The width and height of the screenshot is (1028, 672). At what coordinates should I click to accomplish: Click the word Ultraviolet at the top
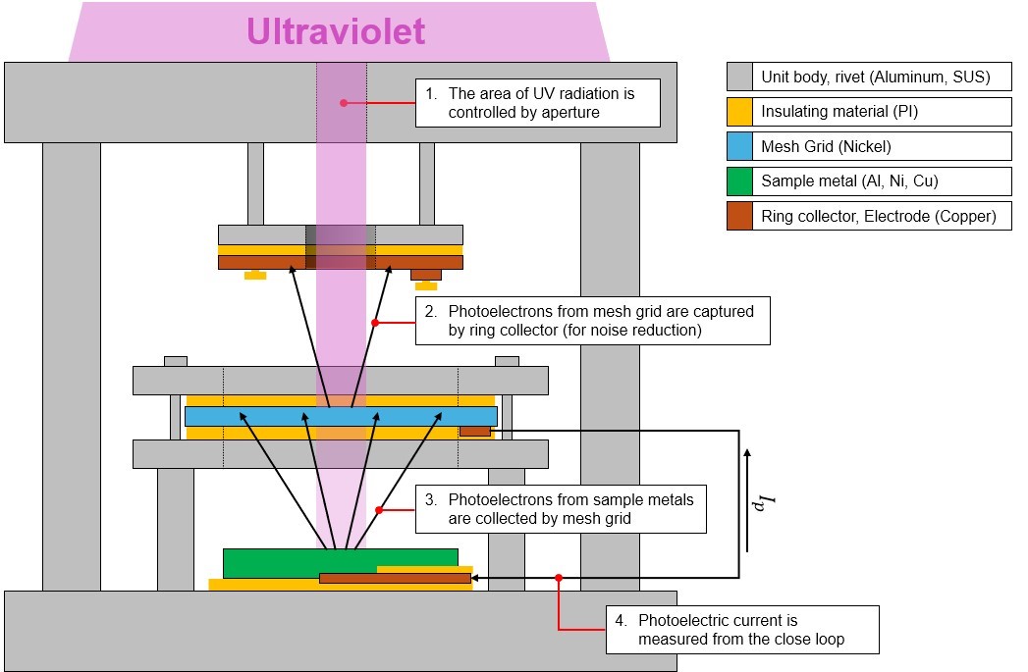click(x=336, y=31)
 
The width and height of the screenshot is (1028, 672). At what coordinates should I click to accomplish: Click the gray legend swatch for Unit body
click(x=740, y=77)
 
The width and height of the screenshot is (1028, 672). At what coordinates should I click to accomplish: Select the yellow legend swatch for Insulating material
click(x=740, y=112)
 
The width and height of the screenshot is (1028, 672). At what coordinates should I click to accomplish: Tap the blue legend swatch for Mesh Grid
click(x=740, y=146)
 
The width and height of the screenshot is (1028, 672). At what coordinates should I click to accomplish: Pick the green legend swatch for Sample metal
click(x=740, y=181)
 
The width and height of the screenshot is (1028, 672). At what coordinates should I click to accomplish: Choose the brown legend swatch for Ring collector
click(x=740, y=216)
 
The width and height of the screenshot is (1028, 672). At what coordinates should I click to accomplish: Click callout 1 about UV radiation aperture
click(x=538, y=102)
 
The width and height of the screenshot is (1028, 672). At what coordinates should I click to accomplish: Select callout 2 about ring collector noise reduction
click(x=592, y=321)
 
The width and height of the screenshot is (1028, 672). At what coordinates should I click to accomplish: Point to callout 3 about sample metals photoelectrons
click(x=561, y=509)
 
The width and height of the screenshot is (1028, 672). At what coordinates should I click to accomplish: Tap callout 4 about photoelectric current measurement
click(x=741, y=630)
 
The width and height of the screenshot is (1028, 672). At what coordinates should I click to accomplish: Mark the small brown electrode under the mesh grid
click(x=474, y=431)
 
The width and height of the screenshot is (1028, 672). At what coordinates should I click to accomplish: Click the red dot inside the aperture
click(x=344, y=101)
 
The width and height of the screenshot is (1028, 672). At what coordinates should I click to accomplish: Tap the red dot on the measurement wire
click(x=559, y=578)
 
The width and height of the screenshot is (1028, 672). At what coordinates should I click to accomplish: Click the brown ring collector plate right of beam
click(x=418, y=262)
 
